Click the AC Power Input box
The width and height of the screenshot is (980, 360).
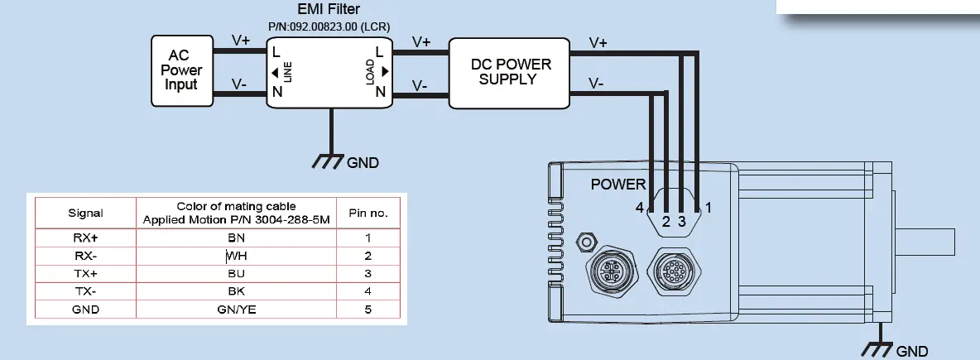[x=180, y=70]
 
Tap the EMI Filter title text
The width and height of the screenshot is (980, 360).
[x=329, y=9]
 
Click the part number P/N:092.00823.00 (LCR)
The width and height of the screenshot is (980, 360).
[x=329, y=26]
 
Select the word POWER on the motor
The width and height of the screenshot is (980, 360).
[x=618, y=184]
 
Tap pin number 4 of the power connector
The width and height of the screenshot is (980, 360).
[x=639, y=208]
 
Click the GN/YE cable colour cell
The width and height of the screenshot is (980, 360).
[x=237, y=310]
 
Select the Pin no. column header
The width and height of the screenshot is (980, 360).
[x=368, y=213]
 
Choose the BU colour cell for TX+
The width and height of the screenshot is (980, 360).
[x=237, y=273]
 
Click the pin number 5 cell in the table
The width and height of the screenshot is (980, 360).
[x=368, y=310]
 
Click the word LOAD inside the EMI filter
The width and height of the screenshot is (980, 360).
[x=370, y=73]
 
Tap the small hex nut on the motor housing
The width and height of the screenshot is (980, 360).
[x=587, y=242]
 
